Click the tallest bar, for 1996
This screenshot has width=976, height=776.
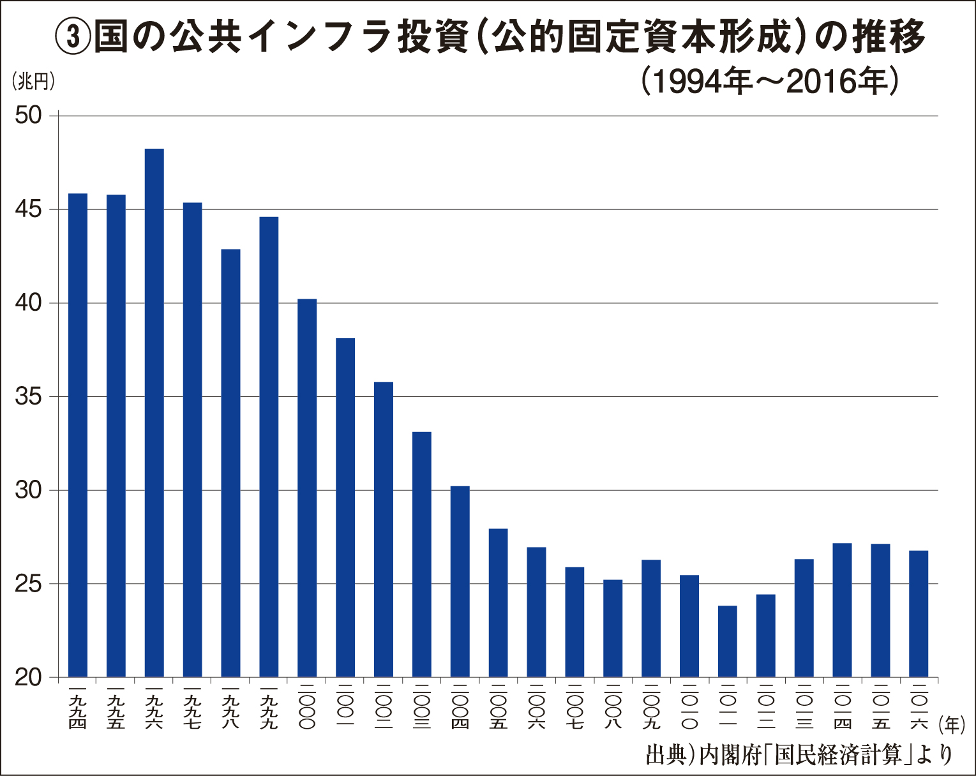(154, 412)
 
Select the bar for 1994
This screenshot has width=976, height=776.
(78, 435)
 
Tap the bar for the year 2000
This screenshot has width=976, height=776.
(307, 488)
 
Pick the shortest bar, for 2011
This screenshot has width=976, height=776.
(727, 641)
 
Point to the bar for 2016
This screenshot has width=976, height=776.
(919, 613)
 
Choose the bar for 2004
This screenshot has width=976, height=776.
(460, 581)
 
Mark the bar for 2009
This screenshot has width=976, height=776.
(651, 618)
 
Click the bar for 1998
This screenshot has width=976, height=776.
(230, 463)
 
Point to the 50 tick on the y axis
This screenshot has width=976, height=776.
(29, 116)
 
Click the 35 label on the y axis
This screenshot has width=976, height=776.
(29, 396)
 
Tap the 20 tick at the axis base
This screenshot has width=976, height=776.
(29, 677)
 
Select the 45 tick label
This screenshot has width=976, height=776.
(29, 209)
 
